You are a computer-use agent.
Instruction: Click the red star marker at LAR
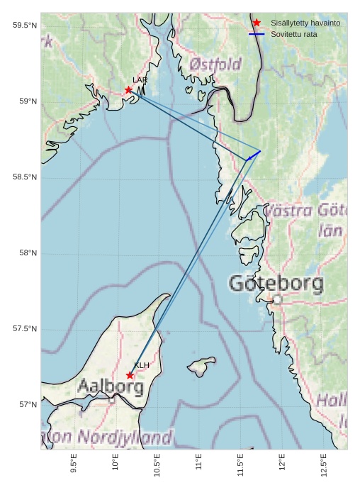pyautogui.click(x=128, y=90)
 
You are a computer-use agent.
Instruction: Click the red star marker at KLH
pyautogui.click(x=130, y=375)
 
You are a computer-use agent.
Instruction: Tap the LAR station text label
pyautogui.click(x=140, y=80)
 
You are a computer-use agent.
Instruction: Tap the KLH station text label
pyautogui.click(x=142, y=365)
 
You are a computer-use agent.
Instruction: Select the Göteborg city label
pyautogui.click(x=276, y=284)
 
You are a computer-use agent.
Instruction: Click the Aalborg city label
pyautogui.click(x=111, y=387)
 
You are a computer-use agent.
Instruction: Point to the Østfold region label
pyautogui.click(x=215, y=65)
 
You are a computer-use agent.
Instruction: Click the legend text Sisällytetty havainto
pyautogui.click(x=305, y=23)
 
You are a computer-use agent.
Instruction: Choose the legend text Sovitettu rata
pyautogui.click(x=294, y=34)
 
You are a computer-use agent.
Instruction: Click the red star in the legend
pyautogui.click(x=257, y=23)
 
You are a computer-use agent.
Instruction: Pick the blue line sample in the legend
pyautogui.click(x=257, y=34)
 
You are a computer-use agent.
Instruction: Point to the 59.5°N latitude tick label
pyautogui.click(x=24, y=26)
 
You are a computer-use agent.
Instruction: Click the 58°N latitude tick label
pyautogui.click(x=27, y=253)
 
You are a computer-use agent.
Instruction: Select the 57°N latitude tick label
pyautogui.click(x=27, y=405)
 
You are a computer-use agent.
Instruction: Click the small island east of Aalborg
pyautogui.click(x=202, y=366)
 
